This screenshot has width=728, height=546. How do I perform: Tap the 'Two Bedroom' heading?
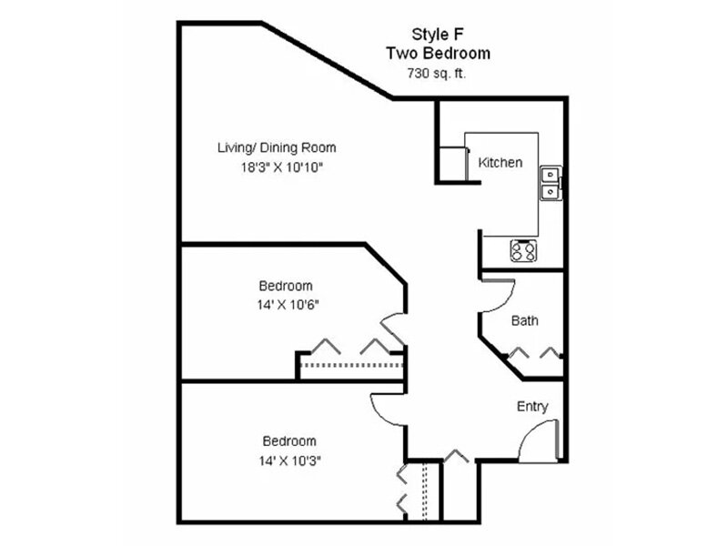coord(438,54)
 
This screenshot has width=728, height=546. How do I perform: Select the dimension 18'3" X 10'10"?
coord(282,167)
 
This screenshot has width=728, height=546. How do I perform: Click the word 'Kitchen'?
coord(500,163)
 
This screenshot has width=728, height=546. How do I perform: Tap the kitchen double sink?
coord(550,182)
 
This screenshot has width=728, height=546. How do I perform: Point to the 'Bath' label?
coord(524,320)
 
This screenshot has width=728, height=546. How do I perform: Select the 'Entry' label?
coord(532,407)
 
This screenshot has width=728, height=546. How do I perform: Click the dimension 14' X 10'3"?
coord(289,460)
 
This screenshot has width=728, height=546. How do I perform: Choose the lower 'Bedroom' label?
coord(289,441)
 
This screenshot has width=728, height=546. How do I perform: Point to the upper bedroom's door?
coord(393,329)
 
